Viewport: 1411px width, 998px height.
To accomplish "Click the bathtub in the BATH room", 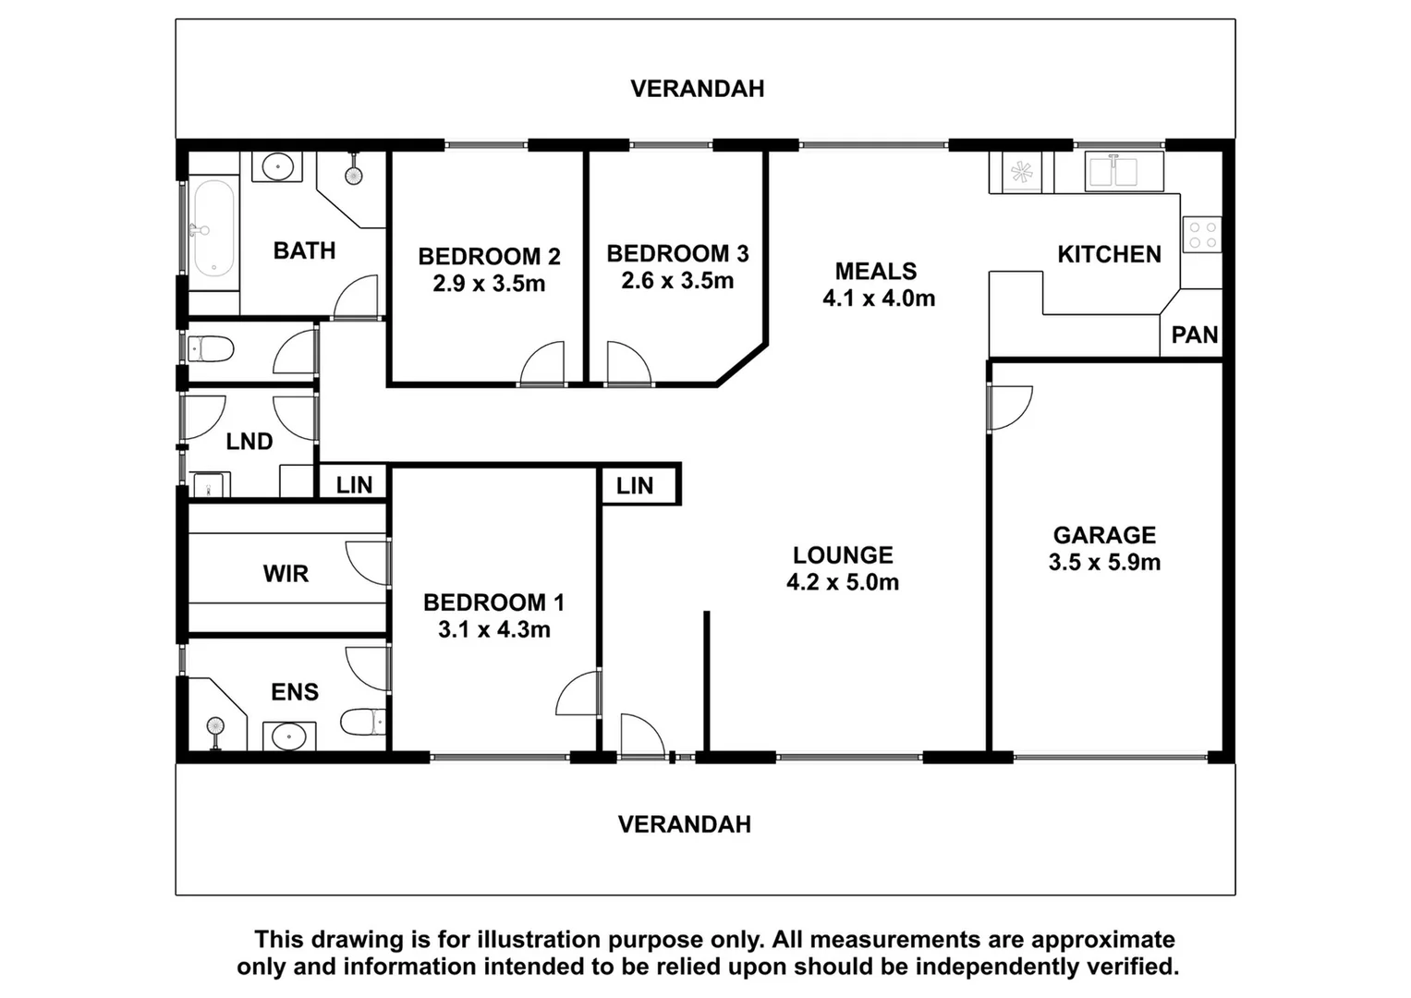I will (213, 228).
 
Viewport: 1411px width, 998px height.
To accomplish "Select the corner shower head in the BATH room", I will (353, 175).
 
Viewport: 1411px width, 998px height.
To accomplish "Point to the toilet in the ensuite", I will (362, 721).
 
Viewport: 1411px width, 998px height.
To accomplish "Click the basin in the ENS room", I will (289, 736).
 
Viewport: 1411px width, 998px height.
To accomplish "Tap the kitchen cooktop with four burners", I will (1201, 234).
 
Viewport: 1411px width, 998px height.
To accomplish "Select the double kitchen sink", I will (1113, 173).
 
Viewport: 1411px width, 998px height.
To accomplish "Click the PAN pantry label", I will (1194, 335).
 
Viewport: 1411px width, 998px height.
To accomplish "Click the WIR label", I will (286, 574).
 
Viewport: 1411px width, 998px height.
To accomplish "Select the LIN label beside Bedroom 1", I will (635, 486).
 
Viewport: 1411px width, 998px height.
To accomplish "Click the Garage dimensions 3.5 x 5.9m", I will (1104, 562).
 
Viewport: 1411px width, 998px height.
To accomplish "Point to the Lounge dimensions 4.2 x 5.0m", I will (842, 581).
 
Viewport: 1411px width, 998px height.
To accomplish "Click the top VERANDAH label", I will (697, 89).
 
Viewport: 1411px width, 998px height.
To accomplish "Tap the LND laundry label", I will (249, 442).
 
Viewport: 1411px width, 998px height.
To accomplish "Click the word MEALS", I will (876, 271).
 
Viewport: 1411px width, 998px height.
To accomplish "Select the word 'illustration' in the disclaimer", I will (539, 940).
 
